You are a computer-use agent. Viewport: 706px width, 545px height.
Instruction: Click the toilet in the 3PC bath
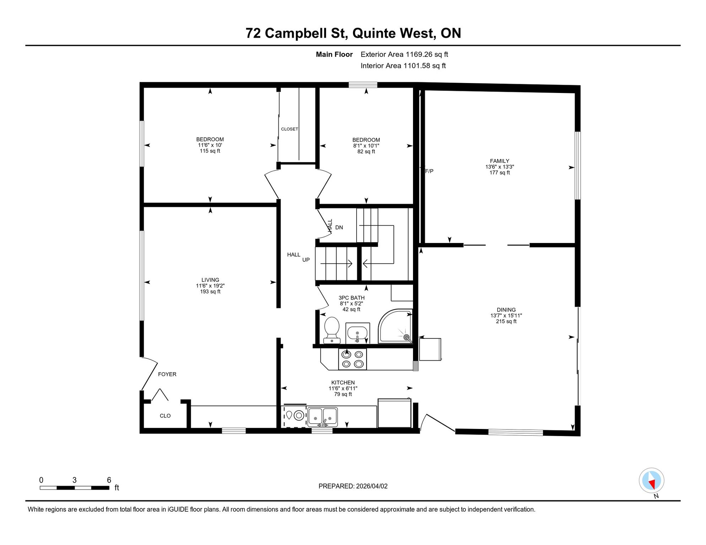click(x=332, y=330)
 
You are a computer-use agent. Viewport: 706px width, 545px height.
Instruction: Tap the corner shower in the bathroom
click(x=395, y=326)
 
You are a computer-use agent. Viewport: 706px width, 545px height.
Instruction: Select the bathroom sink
click(x=358, y=333)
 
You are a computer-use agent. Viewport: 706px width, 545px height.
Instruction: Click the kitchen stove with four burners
click(x=352, y=359)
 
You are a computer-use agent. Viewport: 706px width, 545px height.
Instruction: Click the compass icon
click(x=652, y=481)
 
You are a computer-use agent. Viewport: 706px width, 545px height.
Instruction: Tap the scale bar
click(x=75, y=488)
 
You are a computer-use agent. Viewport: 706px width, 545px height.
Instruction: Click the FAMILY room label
click(x=500, y=161)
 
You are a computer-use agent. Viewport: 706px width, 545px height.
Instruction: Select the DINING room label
click(x=506, y=310)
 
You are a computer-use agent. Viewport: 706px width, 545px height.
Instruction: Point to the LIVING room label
click(x=210, y=280)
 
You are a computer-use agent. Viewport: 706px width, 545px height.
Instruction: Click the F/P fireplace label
click(x=429, y=171)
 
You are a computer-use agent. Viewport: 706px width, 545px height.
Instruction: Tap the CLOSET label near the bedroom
click(x=289, y=129)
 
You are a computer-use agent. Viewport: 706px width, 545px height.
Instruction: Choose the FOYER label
click(x=167, y=374)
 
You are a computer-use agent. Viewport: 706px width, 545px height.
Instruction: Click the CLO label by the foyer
click(x=165, y=416)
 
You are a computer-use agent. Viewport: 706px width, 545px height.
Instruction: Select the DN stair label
click(x=339, y=227)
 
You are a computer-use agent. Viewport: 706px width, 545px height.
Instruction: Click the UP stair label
click(x=306, y=260)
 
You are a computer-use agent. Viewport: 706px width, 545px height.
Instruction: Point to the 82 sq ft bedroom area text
click(x=366, y=152)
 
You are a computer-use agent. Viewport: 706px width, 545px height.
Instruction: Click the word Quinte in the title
click(x=374, y=33)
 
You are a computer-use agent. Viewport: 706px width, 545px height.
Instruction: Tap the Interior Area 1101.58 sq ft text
click(x=403, y=66)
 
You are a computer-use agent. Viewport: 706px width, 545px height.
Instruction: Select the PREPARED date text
click(x=353, y=486)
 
